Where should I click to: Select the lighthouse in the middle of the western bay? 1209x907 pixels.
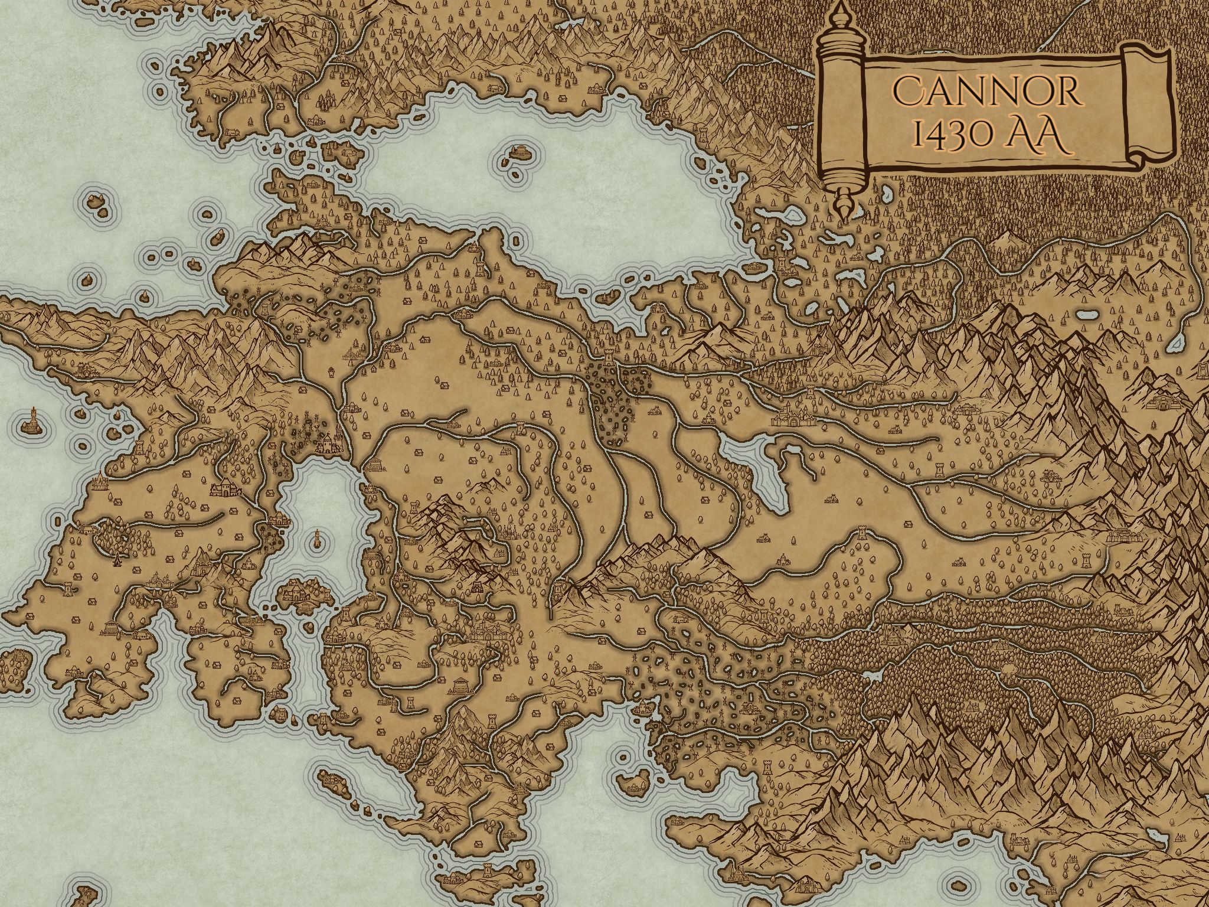(x=318, y=536)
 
